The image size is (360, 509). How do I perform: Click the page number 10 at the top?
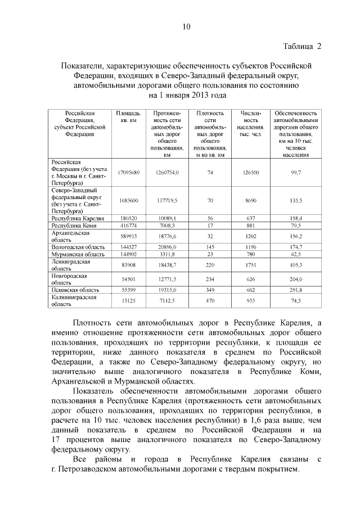point(187,26)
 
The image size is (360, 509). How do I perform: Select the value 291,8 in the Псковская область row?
point(296,290)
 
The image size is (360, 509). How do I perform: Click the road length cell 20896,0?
point(167,247)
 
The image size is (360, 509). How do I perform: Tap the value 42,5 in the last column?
point(296,254)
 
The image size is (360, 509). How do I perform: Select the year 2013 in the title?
point(202,95)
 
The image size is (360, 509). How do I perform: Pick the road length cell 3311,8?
point(167,254)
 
